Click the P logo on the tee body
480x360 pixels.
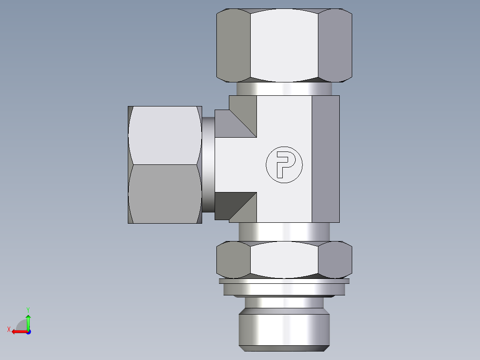284,164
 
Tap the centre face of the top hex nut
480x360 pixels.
284,45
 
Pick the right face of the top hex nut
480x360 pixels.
335,45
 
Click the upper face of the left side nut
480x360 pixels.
164,135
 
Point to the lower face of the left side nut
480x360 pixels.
164,194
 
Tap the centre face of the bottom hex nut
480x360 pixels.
284,259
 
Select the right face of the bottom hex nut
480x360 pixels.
335,259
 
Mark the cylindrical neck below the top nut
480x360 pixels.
284,89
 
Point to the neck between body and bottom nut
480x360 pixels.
284,232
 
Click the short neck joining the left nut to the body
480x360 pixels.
208,165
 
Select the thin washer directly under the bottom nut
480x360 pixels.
284,281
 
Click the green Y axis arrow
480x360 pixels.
28,320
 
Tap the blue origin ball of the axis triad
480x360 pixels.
28,331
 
